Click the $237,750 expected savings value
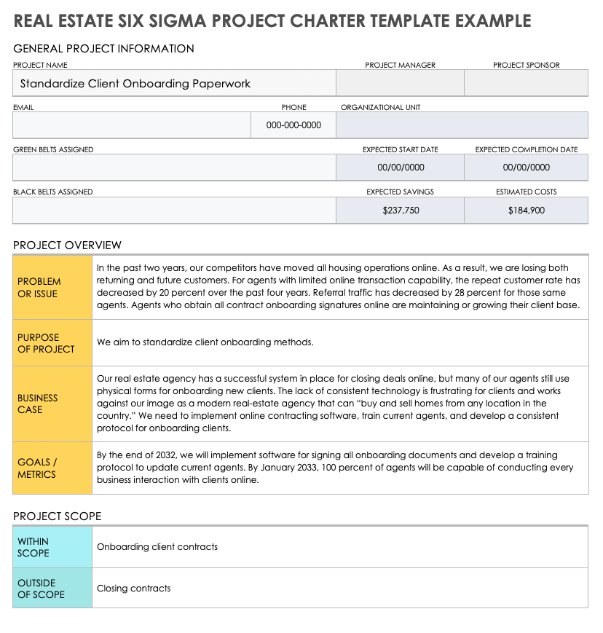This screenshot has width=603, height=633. point(400,211)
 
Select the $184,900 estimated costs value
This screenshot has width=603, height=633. point(526,211)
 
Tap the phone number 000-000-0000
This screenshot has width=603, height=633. point(293,125)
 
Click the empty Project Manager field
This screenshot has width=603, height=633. point(400,83)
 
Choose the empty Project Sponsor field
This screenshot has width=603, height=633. point(526,83)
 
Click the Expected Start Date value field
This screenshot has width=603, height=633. point(400,168)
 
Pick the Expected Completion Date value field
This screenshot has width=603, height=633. point(526,168)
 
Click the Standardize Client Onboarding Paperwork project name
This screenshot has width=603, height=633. point(135,84)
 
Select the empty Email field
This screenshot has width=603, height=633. point(132,125)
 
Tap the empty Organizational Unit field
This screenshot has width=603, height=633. point(462,125)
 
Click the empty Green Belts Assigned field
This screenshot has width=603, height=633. point(174,168)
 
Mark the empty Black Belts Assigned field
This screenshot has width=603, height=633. point(174,211)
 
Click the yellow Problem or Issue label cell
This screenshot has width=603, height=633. point(52,287)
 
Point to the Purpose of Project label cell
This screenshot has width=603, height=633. point(52,343)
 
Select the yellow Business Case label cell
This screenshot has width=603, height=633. point(52,404)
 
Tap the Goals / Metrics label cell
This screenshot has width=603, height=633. point(52,468)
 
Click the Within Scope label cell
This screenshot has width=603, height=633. point(52,547)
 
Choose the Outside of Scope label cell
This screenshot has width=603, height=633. point(52,589)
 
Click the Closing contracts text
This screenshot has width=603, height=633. point(134,589)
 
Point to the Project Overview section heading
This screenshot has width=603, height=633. point(67,245)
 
